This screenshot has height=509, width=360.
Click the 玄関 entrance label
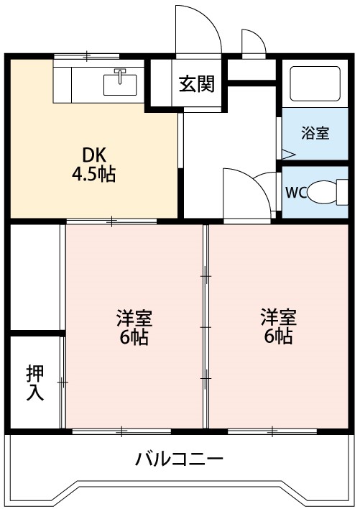pyautogui.click(x=196, y=84)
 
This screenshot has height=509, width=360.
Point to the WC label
pyautogui.click(x=296, y=192)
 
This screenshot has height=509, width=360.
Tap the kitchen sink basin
pyautogui.click(x=121, y=84)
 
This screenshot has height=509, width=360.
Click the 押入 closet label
pyautogui.click(x=34, y=382)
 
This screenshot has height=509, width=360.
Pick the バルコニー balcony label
pyautogui.click(x=180, y=459)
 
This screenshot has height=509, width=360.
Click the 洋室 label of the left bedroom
pyautogui.click(x=134, y=317)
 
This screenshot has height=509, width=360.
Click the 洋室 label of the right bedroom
pyautogui.click(x=277, y=316)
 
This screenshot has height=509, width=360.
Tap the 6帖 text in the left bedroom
pyautogui.click(x=134, y=337)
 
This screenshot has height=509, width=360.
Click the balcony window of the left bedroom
pyautogui.click(x=121, y=431)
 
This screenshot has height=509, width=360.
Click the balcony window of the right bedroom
pyautogui.click(x=273, y=431)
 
